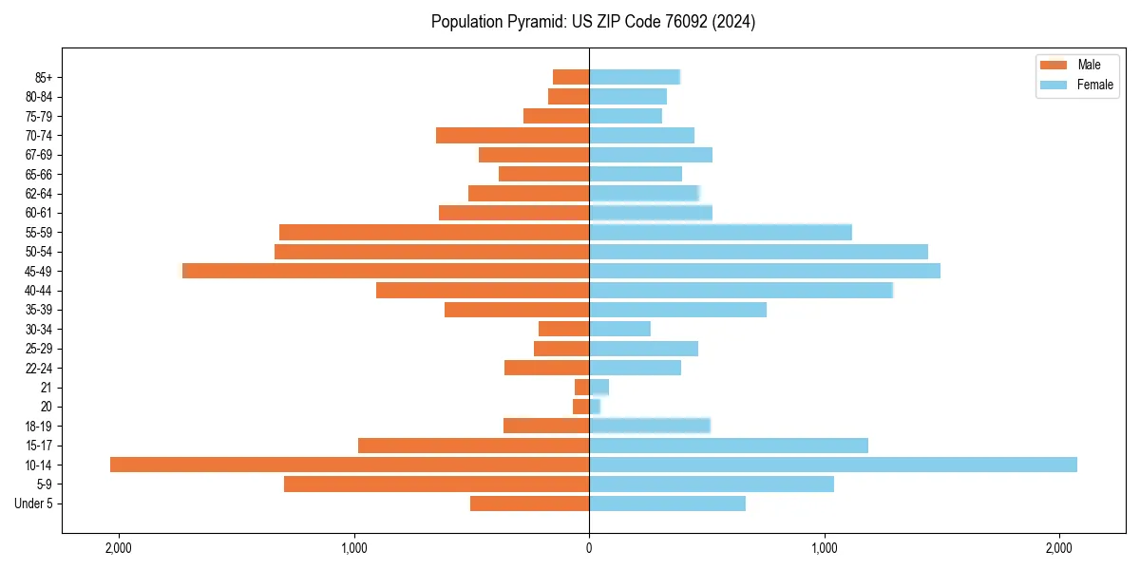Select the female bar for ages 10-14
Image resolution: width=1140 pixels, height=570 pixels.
(833, 465)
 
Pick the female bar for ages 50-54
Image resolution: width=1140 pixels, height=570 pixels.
(758, 252)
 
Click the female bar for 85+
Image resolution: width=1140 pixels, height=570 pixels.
(635, 77)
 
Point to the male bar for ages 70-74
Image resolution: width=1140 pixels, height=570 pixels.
(513, 135)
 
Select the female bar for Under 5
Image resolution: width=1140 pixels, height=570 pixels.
(667, 503)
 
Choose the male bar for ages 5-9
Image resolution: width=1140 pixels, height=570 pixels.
(437, 484)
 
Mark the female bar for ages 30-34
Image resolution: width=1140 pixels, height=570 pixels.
(619, 329)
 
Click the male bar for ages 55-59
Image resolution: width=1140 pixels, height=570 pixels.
(434, 232)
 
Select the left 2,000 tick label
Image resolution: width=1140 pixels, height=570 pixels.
(119, 549)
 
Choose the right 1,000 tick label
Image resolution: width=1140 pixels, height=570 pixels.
(825, 549)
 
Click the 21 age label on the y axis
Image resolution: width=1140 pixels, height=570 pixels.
(47, 388)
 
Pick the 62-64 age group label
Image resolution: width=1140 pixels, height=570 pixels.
(39, 194)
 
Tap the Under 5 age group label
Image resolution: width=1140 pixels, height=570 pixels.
(34, 503)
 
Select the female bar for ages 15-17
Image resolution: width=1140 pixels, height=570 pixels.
(729, 446)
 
